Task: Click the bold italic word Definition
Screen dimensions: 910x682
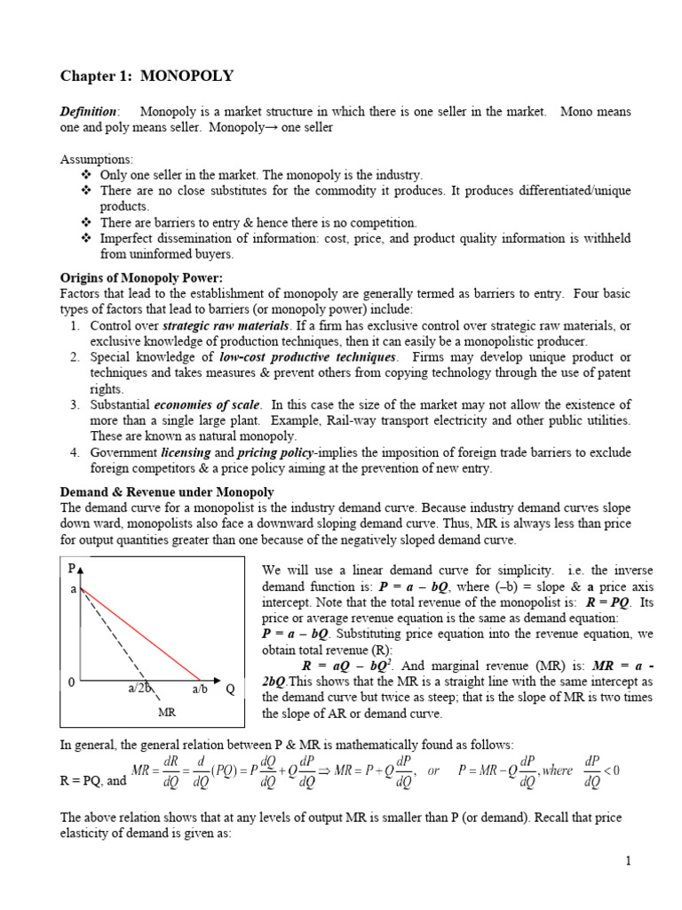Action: pos(87,112)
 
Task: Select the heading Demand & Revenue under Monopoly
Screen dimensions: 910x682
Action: pos(167,491)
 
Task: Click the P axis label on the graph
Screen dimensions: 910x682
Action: pos(71,568)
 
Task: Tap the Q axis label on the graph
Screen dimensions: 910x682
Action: pos(229,688)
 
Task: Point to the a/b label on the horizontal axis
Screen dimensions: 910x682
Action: pos(199,689)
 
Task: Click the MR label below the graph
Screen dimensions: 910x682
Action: pos(166,713)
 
